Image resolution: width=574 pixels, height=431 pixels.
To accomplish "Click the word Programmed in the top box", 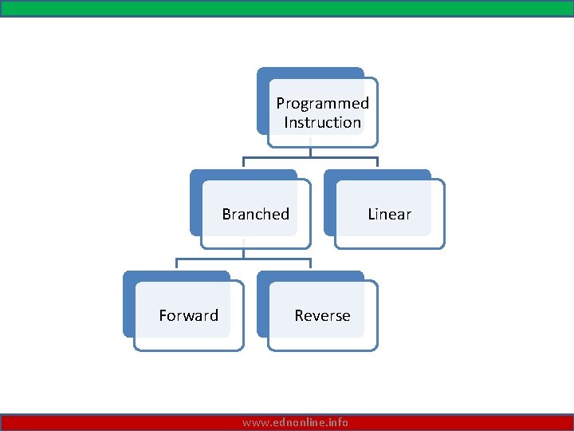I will click(x=322, y=103).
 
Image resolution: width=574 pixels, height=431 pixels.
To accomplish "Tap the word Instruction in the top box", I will click(x=322, y=122).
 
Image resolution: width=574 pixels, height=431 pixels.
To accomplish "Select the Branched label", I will click(x=255, y=214).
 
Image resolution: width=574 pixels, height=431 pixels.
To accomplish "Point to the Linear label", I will click(x=389, y=214).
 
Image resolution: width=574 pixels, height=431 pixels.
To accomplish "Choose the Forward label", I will click(x=188, y=315).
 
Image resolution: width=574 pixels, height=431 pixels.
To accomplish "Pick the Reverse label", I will click(x=322, y=315).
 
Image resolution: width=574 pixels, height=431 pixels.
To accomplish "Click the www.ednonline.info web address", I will click(x=295, y=422).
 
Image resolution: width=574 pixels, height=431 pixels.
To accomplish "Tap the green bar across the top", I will click(x=287, y=8).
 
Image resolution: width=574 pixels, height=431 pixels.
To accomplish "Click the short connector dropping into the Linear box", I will click(x=377, y=163).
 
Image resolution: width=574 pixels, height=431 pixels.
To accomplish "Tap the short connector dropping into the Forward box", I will click(x=176, y=265).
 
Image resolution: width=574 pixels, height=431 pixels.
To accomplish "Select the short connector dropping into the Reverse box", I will click(x=310, y=265).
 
